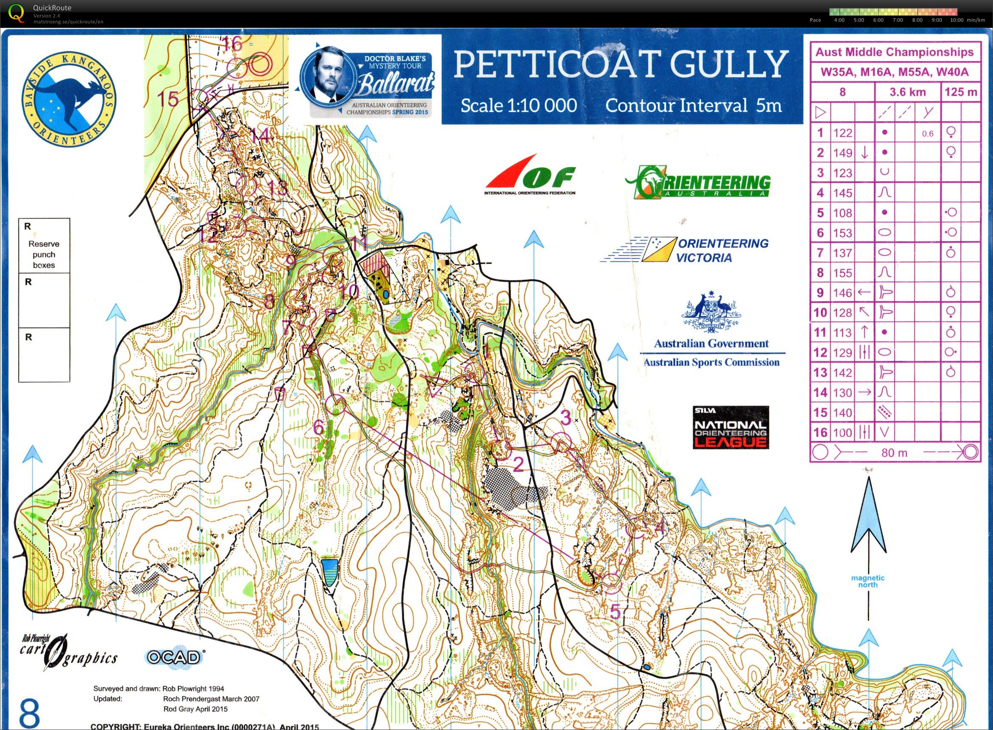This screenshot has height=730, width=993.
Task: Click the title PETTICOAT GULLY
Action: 621,64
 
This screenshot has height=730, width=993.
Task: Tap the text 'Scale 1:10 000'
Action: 519,106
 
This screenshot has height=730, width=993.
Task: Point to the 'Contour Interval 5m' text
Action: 693,106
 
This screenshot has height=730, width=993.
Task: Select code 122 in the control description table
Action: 842,133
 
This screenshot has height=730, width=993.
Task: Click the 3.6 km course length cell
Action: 907,92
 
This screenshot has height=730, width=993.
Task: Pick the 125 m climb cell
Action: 961,92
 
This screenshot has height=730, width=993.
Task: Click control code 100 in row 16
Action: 842,432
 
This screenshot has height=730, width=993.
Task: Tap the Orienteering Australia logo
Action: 697,182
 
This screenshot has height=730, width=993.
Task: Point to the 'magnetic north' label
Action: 867,581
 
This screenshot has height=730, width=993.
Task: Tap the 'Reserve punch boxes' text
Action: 44,255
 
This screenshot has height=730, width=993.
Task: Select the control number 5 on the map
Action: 615,612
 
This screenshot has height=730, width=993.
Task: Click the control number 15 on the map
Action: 168,99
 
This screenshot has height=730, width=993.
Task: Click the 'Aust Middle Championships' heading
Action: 894,52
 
